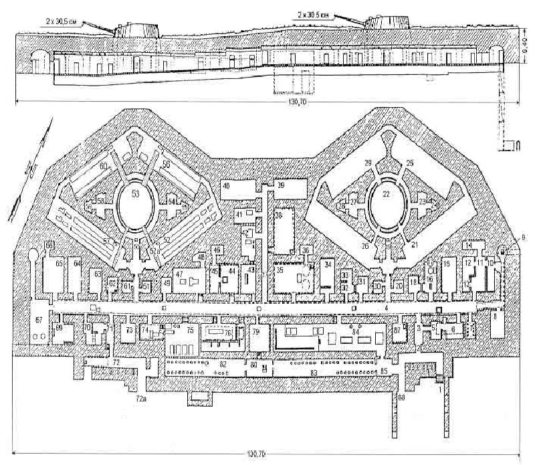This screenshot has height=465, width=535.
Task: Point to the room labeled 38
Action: (x=279, y=216)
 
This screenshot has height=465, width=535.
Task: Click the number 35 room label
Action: (x=280, y=271)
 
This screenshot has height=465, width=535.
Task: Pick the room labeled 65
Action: (x=59, y=265)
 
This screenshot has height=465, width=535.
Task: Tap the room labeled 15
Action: (x=445, y=266)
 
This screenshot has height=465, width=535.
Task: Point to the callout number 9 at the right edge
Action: (x=522, y=237)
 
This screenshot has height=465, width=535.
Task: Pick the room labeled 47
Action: (x=179, y=274)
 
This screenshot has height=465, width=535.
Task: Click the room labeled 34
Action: (x=328, y=265)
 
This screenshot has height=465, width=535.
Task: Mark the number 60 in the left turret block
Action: (x=104, y=165)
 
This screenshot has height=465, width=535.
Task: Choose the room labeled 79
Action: (x=255, y=332)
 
